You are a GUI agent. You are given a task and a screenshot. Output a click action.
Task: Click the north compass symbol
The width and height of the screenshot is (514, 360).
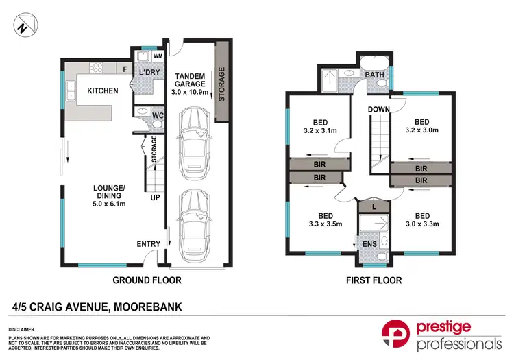pos(25,26)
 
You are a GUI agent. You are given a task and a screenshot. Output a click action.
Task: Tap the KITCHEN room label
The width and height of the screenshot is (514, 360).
pos(102,91)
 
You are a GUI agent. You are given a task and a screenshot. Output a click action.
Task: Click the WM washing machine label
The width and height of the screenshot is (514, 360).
pos(157,56)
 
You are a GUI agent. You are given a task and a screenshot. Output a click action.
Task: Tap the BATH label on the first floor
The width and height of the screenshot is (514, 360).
pos(374,75)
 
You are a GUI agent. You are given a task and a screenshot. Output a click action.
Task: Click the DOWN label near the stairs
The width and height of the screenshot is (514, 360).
pos(378,110)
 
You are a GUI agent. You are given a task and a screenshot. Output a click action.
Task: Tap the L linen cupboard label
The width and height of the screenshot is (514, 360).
pos(374,206)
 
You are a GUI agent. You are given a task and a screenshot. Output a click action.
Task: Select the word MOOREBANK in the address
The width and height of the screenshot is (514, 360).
pos(147,306)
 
